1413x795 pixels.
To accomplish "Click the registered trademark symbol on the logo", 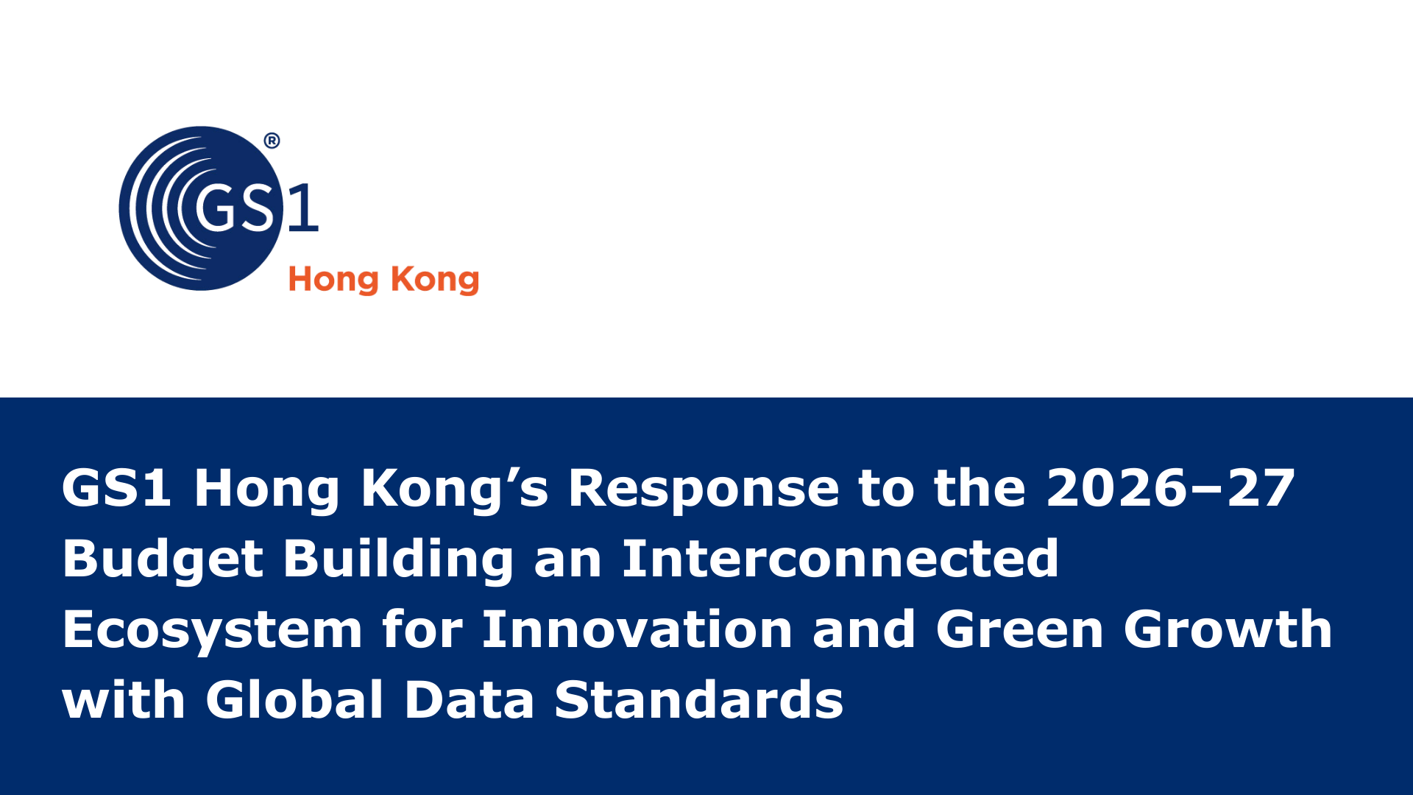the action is point(272,141).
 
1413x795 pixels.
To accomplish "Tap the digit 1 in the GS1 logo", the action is point(303,208).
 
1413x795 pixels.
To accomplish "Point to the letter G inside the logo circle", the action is point(217,208).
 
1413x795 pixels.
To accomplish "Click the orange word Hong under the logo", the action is point(333,280).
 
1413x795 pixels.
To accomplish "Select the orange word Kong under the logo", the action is point(435,280).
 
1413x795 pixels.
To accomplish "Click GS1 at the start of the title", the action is point(117,488).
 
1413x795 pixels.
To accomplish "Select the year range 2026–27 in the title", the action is point(1170,488).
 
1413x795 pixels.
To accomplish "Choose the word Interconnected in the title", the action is point(840,558).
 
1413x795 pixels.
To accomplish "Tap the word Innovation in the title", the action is point(637,629).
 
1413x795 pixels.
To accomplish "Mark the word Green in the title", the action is point(1020,629).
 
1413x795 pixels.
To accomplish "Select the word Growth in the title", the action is point(1228,629).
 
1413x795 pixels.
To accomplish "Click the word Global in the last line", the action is point(295,699).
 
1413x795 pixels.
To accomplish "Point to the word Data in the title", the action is point(470,699).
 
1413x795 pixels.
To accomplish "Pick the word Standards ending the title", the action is point(699,699).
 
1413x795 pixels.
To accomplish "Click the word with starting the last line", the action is point(124,699).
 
